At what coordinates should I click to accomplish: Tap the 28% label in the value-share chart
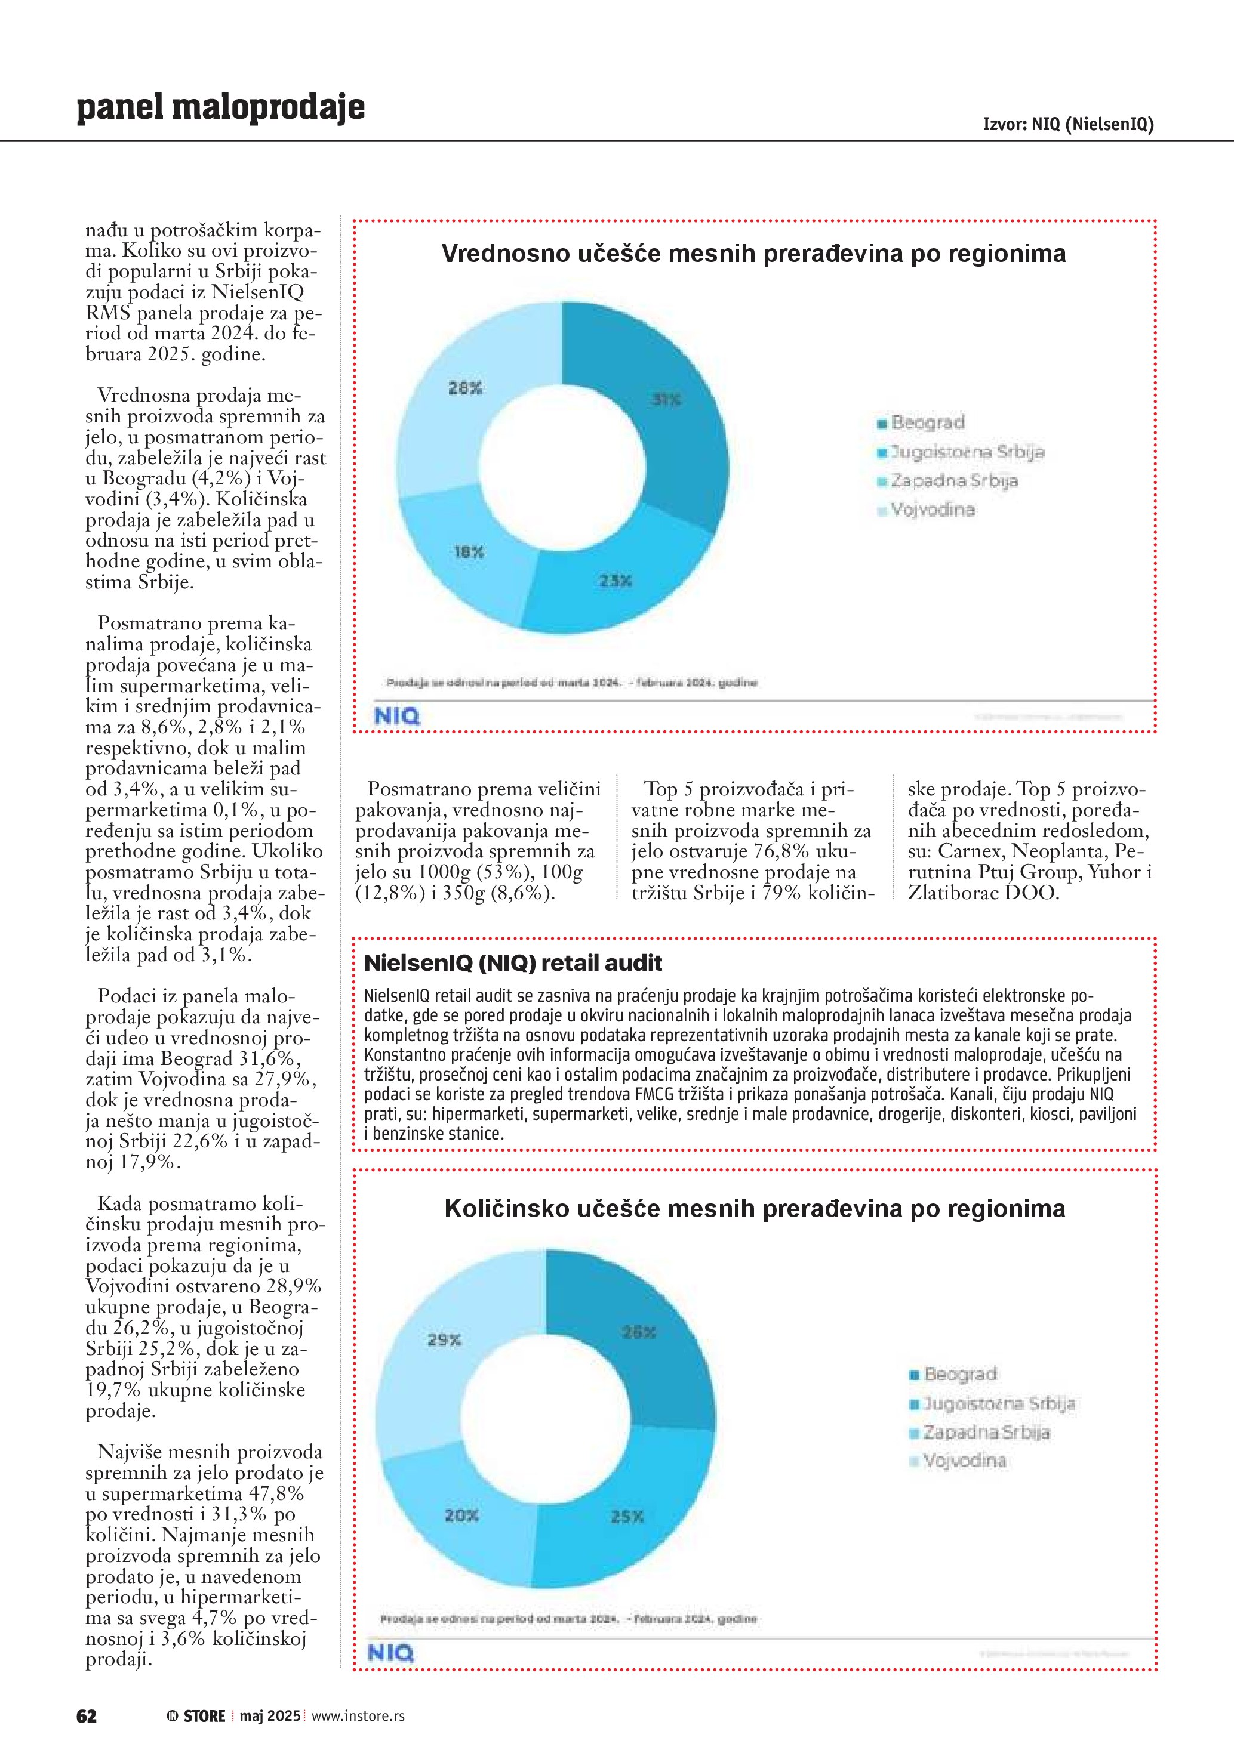click(465, 388)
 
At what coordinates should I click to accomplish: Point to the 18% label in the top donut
click(469, 552)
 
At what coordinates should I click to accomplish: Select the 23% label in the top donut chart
click(615, 581)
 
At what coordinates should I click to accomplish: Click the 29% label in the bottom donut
click(444, 1341)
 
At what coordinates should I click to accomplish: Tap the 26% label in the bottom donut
click(638, 1332)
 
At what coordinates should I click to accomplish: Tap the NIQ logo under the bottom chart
click(390, 1653)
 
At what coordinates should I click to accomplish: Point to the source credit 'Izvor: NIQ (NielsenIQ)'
click(1067, 124)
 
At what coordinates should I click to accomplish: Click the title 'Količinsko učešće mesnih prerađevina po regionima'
click(755, 1208)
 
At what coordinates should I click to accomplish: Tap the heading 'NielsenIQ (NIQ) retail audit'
click(513, 963)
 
